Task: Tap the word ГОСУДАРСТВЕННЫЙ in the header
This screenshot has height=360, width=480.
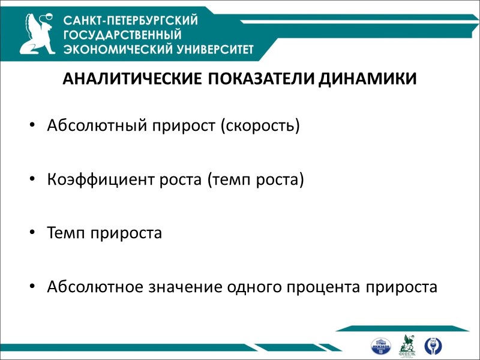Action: [121, 34]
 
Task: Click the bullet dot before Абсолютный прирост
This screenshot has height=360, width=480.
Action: [31, 127]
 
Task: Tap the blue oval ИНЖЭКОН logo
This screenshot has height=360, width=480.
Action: [381, 346]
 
